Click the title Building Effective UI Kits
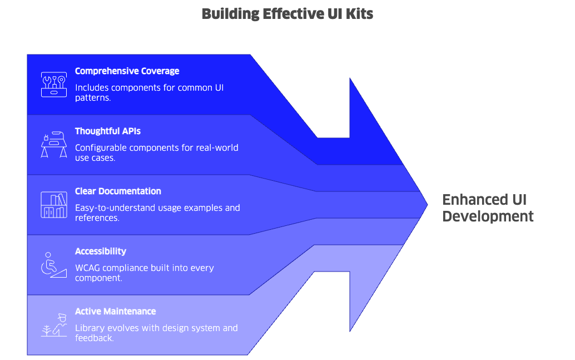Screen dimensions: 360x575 287,14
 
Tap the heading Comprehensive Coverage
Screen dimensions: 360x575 127,71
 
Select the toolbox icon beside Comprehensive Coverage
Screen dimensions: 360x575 53,84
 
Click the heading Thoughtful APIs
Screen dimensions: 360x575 107,131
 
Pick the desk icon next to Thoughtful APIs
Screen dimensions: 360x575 53,144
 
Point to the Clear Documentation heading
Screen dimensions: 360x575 118,191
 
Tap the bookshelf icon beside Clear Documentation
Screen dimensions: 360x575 53,204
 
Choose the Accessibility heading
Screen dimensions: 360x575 101,251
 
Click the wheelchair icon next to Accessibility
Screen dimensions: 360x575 53,264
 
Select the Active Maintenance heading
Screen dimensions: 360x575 115,312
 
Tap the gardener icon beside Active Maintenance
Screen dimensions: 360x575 53,325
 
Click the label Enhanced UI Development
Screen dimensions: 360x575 488,208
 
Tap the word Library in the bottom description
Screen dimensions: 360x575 88,328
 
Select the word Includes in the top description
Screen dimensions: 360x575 92,88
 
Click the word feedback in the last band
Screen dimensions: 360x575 94,338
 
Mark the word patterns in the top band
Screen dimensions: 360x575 92,97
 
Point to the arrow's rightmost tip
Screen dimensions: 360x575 427,204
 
